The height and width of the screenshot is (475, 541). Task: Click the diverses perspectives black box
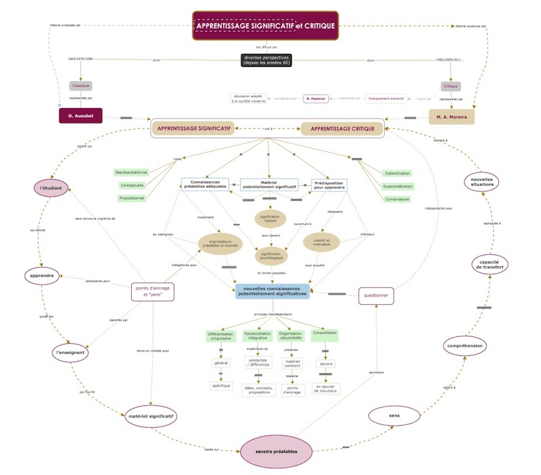coord(266,60)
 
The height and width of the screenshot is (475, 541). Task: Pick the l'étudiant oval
coord(49,187)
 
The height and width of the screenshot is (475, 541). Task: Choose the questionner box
coord(375,295)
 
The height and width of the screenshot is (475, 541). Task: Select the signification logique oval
coord(270,219)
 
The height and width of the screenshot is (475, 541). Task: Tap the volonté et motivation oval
coord(322,241)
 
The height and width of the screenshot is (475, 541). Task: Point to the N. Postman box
coord(315,99)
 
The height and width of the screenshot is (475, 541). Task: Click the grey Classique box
coord(80,86)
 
